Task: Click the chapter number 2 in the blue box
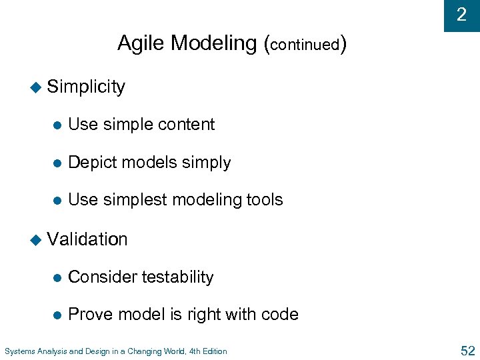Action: point(461,15)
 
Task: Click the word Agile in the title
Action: point(141,43)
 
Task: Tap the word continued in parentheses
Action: point(305,45)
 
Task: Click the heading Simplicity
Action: point(86,87)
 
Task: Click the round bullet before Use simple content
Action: point(57,125)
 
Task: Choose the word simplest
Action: point(139,200)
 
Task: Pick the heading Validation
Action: point(87,239)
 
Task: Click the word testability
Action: point(179,277)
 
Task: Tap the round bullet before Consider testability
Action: point(57,278)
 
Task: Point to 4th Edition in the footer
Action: point(207,351)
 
